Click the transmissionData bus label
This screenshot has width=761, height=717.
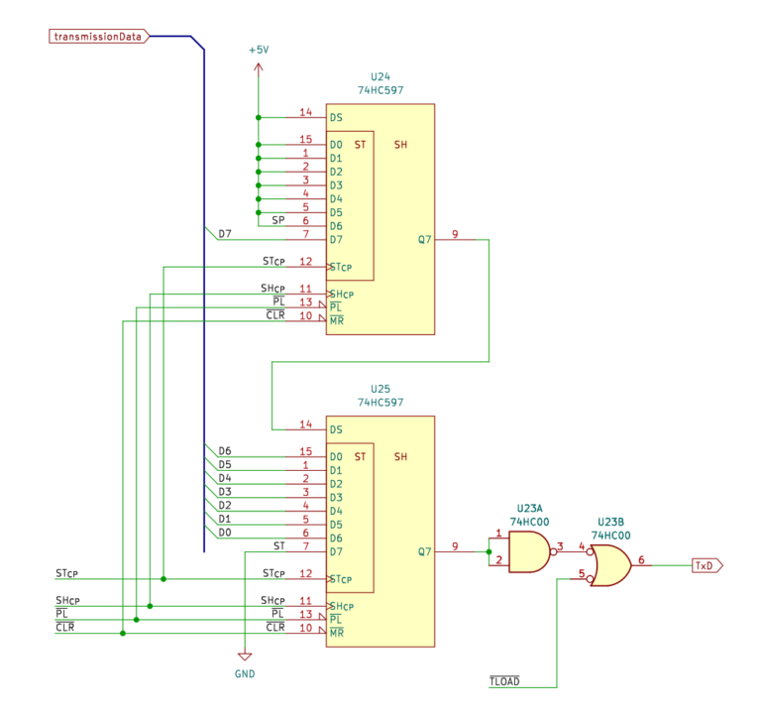click(x=99, y=37)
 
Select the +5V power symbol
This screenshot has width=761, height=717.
click(x=258, y=50)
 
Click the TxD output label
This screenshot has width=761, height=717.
click(x=705, y=565)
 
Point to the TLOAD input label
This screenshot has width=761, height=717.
click(x=504, y=682)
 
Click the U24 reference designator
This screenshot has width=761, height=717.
click(x=380, y=76)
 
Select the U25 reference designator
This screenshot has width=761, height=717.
click(x=380, y=390)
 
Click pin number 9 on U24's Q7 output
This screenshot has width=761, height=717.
click(x=455, y=234)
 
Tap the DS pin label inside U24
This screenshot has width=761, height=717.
click(x=336, y=117)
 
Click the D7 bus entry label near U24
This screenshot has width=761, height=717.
click(x=224, y=234)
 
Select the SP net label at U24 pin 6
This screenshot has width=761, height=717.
click(x=278, y=220)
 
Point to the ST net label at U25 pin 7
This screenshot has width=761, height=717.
click(x=278, y=545)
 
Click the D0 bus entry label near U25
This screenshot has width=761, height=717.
click(x=224, y=533)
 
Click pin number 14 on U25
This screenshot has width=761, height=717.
click(x=306, y=423)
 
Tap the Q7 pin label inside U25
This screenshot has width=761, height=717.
click(x=424, y=552)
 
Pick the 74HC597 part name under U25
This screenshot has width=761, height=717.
click(x=380, y=404)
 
